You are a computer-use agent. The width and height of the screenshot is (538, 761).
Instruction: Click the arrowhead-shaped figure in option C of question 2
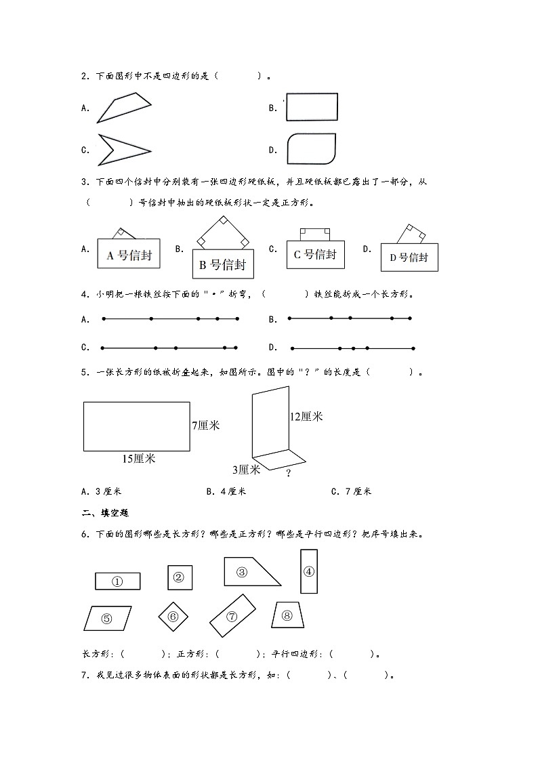122,149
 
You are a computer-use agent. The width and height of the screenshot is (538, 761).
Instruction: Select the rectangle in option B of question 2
312,107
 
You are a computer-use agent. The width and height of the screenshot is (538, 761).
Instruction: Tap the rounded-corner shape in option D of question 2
312,149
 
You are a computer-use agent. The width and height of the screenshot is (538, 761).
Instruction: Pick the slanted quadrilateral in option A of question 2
124,108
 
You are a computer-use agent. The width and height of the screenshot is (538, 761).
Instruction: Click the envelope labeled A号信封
129,255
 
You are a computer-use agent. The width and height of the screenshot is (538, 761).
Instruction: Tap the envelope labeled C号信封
315,254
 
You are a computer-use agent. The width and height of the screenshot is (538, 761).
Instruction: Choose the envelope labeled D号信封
409,257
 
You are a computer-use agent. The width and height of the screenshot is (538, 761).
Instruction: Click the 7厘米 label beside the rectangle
206,426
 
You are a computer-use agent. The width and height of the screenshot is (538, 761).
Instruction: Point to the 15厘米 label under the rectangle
138,459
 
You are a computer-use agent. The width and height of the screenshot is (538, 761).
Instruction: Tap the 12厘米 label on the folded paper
306,417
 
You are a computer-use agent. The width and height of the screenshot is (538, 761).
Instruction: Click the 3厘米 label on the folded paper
247,469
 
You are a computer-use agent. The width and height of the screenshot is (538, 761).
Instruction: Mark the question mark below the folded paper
289,474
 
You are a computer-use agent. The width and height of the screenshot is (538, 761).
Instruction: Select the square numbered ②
180,577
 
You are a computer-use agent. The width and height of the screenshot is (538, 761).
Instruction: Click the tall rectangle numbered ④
308,571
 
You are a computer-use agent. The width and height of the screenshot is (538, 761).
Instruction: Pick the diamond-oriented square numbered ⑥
173,617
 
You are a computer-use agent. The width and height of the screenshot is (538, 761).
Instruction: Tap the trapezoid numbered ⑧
287,615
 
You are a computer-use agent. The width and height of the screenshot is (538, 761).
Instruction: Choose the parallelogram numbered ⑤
107,618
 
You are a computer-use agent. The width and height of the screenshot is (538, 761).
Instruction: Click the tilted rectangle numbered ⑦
232,616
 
